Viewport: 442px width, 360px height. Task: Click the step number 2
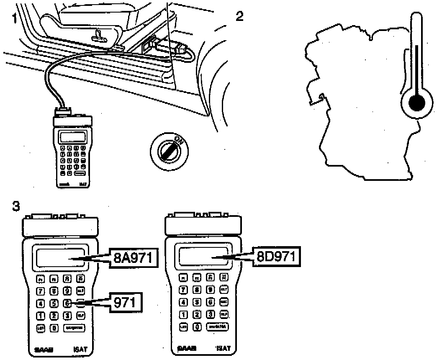239,16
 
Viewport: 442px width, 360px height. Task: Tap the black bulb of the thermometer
416,103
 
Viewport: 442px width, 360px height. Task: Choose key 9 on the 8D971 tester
211,289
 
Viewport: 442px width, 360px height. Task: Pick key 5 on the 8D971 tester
197,302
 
